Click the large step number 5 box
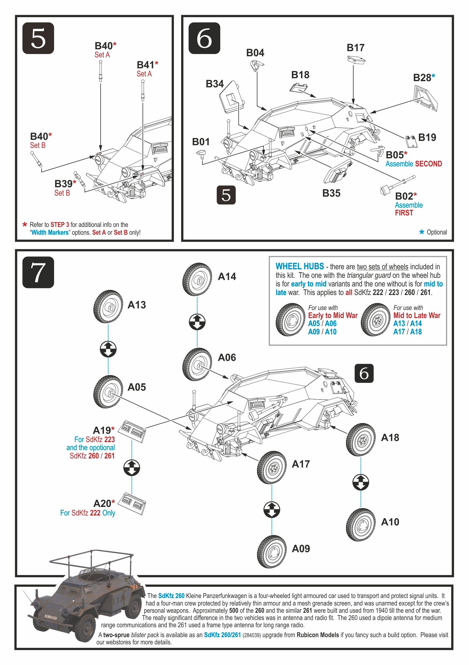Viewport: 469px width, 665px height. [x=38, y=38]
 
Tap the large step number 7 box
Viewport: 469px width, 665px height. [x=38, y=272]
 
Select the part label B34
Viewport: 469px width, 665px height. [x=214, y=84]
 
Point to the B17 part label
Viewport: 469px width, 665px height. [x=355, y=48]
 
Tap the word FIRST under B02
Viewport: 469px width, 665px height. [x=404, y=213]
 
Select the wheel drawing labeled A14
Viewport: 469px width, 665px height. [x=197, y=279]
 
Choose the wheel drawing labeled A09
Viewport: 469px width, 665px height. [x=272, y=551]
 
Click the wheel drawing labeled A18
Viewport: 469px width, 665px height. [x=361, y=440]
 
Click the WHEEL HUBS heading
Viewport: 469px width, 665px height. [x=300, y=267]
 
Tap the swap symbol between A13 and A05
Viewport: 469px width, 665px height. [x=108, y=349]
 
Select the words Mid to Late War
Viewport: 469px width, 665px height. [x=416, y=315]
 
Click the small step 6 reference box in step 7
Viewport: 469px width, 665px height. [x=364, y=373]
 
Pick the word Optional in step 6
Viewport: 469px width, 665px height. [x=437, y=232]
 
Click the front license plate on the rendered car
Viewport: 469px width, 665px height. [x=50, y=617]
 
